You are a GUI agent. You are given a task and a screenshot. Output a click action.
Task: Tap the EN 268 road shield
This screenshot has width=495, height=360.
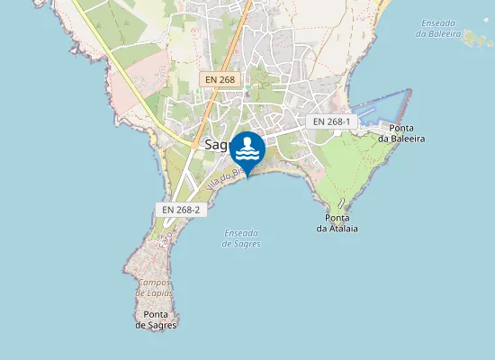pyautogui.click(x=220, y=80)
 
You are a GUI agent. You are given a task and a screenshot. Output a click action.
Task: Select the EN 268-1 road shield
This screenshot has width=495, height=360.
pyautogui.click(x=332, y=121)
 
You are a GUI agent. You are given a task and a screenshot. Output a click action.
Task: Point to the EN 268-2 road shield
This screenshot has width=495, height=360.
pyautogui.click(x=181, y=209)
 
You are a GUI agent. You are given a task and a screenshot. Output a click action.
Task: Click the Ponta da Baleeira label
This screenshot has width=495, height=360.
pyautogui.click(x=401, y=133)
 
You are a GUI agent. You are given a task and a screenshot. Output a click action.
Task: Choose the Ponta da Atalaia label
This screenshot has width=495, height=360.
pyautogui.click(x=337, y=223)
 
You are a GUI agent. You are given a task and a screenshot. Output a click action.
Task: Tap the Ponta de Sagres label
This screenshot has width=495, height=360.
pyautogui.click(x=156, y=319)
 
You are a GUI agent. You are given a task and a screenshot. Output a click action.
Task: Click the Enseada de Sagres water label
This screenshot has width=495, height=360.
pyautogui.click(x=241, y=238)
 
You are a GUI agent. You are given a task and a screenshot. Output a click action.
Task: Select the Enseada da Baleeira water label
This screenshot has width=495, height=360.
pyautogui.click(x=439, y=28)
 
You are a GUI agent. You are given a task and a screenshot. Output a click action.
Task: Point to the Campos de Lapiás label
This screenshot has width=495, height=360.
pyautogui.click(x=154, y=288)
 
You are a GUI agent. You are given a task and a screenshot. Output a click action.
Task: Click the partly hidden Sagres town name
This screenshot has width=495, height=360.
pyautogui.click(x=216, y=144)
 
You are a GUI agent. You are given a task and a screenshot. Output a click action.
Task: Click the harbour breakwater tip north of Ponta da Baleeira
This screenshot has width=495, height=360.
pyautogui.click(x=409, y=90)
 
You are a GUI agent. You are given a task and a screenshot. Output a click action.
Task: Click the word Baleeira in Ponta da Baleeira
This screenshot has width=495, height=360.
pyautogui.click(x=401, y=139)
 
